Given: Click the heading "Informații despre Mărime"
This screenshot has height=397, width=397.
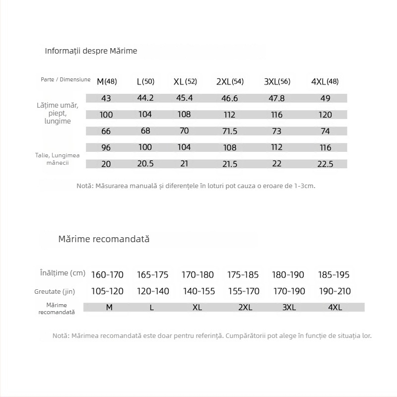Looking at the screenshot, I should [91, 51].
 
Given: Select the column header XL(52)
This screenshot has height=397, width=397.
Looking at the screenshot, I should [185, 81].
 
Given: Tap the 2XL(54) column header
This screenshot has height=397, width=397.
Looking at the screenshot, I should [230, 81].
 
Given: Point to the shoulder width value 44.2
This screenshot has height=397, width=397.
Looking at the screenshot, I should [145, 98].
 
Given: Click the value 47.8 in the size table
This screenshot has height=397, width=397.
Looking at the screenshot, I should [276, 98].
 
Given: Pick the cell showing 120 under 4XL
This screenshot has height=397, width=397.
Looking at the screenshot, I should [325, 115].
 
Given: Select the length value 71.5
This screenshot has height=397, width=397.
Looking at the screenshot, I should [230, 132].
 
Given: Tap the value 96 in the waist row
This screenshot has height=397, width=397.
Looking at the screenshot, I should [106, 147].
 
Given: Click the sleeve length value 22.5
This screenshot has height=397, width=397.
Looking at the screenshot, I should [325, 164].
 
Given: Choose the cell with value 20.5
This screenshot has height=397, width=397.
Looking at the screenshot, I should [145, 164].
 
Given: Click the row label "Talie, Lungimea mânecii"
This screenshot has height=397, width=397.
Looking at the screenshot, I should [58, 159].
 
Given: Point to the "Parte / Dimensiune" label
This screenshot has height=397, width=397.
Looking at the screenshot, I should [66, 79].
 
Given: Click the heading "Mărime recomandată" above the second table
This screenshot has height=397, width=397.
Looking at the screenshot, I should [104, 239].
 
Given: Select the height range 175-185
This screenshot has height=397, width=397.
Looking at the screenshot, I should [243, 274].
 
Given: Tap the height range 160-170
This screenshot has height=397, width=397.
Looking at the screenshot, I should [107, 274].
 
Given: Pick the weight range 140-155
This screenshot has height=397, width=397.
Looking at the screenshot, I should [199, 291].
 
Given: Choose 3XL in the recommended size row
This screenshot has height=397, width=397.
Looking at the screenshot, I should [289, 308].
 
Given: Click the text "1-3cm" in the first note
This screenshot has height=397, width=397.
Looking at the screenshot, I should [304, 186].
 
